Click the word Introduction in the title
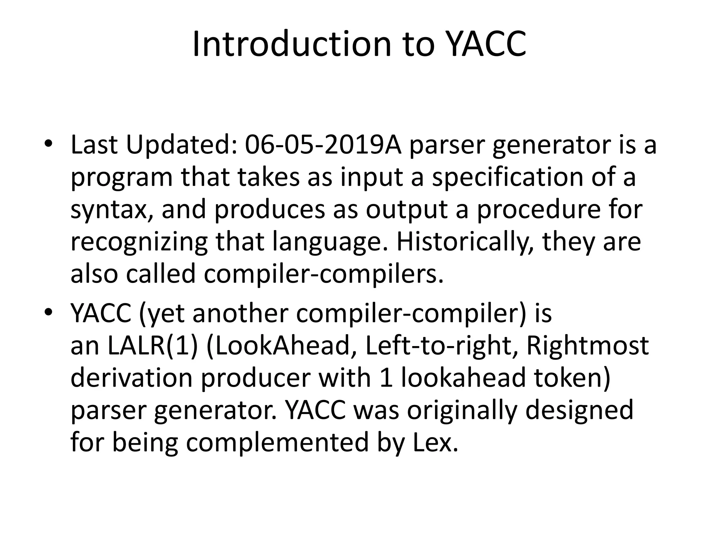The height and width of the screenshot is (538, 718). coord(291,44)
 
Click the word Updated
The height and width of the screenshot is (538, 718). coord(178,145)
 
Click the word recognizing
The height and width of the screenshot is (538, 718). coord(139,242)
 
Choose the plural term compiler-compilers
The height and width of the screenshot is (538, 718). coord(323,274)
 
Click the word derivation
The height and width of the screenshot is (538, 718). coord(132,378)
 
